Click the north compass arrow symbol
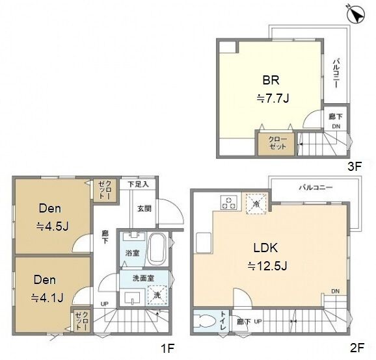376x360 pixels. coord(356,14)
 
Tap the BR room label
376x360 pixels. coord(271,80)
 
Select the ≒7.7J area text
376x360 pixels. coord(273,98)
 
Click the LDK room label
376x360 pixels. coord(265,248)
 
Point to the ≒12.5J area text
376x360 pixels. coord(267,266)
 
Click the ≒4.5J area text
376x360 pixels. coord(53,226)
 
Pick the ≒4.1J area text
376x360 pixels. coord(47,298)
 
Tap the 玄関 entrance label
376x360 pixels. coord(144,209)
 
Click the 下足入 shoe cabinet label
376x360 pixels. coord(138,184)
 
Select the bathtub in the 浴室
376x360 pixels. coord(156,249)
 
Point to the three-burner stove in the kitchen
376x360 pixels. coord(229,203)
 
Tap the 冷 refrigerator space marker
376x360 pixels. coord(256,204)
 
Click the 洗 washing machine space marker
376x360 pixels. coord(157,295)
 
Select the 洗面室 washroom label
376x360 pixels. coord(143,278)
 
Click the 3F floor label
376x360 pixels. coord(355,166)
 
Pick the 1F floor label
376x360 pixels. coord(167,348)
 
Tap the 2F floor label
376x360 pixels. coord(357,348)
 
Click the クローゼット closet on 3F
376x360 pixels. coord(276,144)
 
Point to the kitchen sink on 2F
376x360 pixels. coord(204,242)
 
